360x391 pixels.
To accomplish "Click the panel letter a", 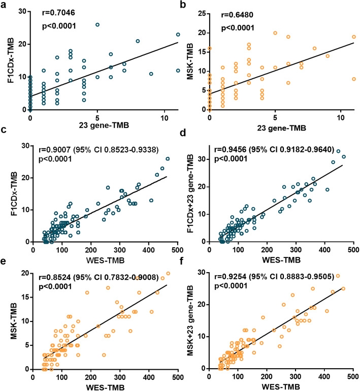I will pos(4,5).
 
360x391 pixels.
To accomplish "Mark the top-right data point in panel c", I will pos(168,158).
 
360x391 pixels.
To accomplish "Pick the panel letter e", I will pos(4,264).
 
